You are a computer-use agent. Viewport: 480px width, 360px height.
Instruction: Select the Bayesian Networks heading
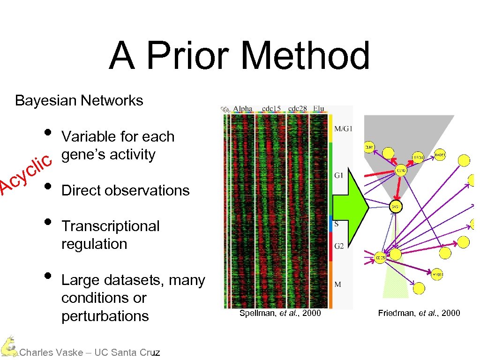(x=79, y=100)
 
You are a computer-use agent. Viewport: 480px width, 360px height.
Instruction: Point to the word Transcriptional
(x=111, y=226)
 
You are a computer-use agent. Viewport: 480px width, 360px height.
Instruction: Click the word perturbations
(x=105, y=316)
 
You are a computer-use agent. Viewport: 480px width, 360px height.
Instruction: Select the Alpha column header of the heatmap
(x=243, y=109)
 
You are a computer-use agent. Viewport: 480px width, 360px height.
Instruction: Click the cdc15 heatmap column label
(x=270, y=109)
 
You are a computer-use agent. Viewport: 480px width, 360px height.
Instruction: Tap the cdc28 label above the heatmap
(x=297, y=109)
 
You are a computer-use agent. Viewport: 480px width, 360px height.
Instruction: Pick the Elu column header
(x=318, y=109)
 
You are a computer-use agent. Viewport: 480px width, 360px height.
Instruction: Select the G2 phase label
(x=339, y=246)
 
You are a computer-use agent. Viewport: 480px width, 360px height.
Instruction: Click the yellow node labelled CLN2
(x=402, y=172)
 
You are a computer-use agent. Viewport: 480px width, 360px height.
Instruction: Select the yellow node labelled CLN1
(x=369, y=148)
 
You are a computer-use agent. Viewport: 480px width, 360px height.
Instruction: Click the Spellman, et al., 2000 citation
(x=280, y=313)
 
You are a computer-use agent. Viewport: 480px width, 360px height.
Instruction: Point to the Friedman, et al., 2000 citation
(x=419, y=313)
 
